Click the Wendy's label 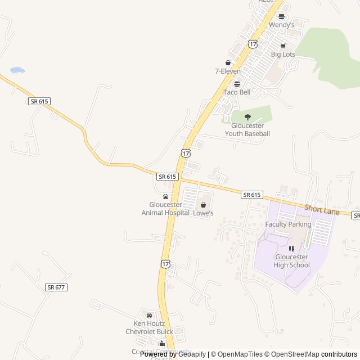(x=281, y=25)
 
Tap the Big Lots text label (x=283, y=55)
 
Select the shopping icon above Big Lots (x=283, y=46)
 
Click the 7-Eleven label (x=228, y=71)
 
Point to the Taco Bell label (x=237, y=92)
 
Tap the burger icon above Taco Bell (x=237, y=84)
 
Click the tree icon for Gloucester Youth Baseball (x=247, y=117)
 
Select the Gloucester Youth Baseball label (x=247, y=129)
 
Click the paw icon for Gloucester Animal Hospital (x=165, y=196)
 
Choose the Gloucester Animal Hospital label (x=165, y=209)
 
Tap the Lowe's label (x=203, y=213)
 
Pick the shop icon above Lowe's (x=203, y=205)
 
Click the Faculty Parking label (x=288, y=224)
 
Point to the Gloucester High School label (x=291, y=261)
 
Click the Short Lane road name (x=322, y=210)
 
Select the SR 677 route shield (x=56, y=287)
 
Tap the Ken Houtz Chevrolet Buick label (x=149, y=327)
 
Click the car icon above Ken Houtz (x=149, y=315)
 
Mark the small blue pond (x=17, y=70)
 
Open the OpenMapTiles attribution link (x=236, y=354)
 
